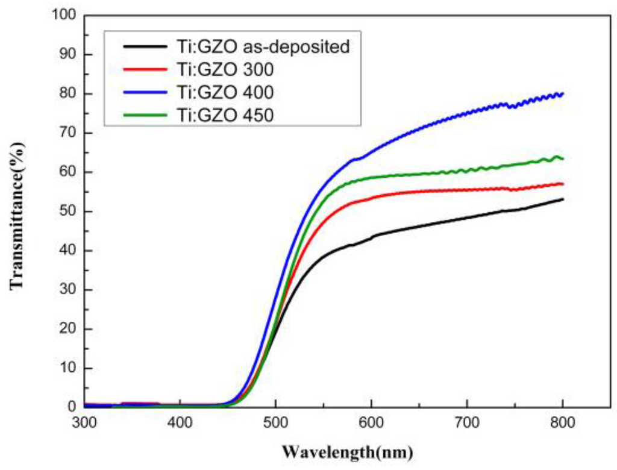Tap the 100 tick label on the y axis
coord(64,16)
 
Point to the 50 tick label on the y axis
coord(68,211)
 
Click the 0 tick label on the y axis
coord(72,407)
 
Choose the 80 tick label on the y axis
coord(68,94)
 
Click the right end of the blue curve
coord(562,94)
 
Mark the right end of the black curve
coord(562,199)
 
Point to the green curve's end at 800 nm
coord(562,158)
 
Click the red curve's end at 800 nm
coord(562,184)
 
